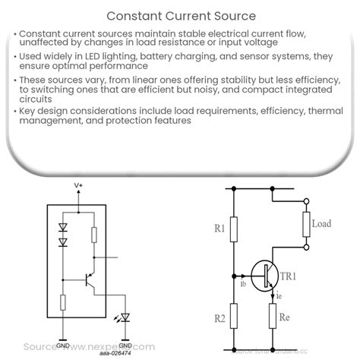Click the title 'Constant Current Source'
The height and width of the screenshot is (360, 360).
(179, 14)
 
